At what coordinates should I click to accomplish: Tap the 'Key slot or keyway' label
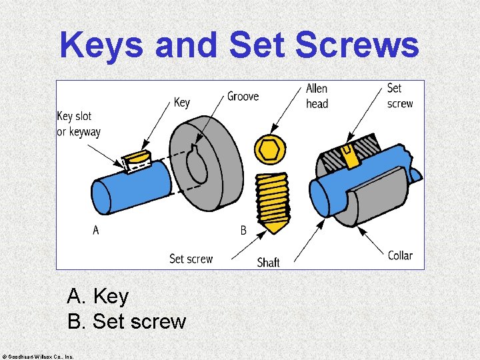tap(79, 124)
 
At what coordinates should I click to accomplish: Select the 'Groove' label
tap(243, 97)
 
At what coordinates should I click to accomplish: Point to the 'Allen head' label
tap(317, 96)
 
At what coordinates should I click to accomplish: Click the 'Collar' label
tap(400, 255)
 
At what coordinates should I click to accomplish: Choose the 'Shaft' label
tap(268, 262)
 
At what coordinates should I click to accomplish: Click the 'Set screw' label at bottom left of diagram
tap(191, 259)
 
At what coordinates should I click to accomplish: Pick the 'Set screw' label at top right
tap(399, 96)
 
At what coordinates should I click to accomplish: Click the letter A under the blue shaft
tap(96, 230)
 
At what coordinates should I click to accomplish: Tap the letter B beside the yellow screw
tap(243, 230)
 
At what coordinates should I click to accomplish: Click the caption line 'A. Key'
tap(98, 295)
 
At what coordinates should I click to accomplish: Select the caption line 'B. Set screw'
tap(127, 321)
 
